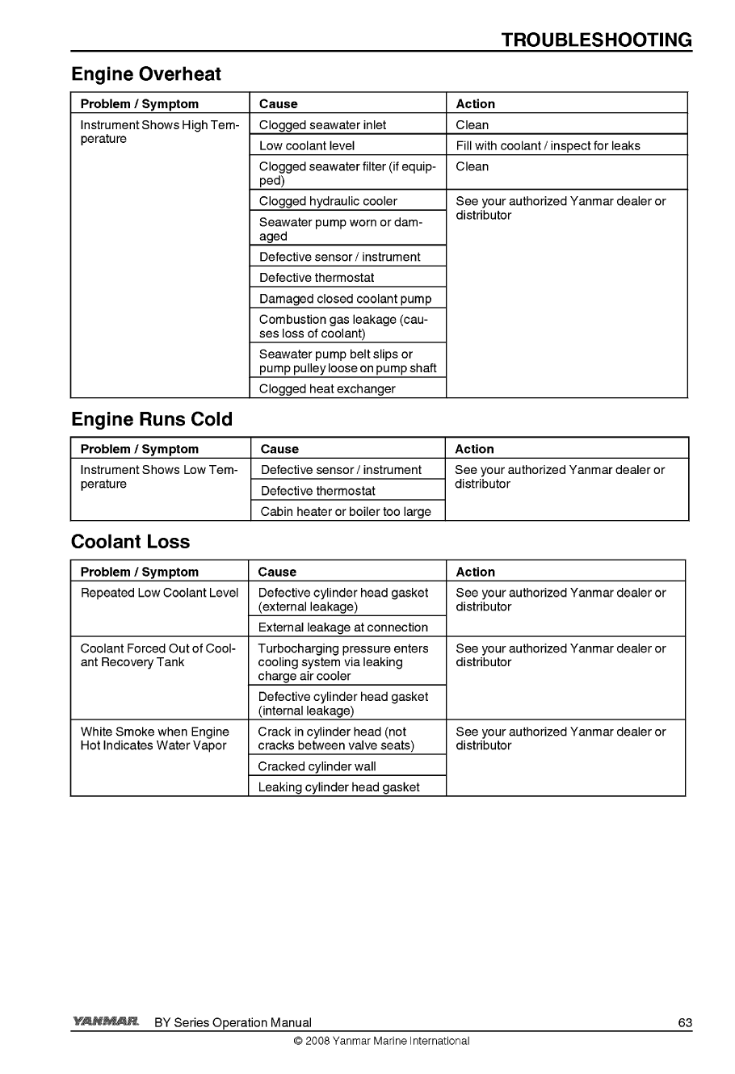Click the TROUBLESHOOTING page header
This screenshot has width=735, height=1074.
click(596, 40)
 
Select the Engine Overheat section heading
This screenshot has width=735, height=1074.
click(146, 74)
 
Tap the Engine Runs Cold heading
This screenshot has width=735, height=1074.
click(152, 420)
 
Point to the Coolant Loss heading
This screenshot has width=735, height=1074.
click(131, 542)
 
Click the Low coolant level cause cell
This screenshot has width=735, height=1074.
click(307, 146)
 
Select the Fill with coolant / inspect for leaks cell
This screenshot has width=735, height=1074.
click(548, 146)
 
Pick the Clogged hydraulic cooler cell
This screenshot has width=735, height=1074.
click(328, 201)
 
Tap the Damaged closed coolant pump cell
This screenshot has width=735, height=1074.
click(345, 299)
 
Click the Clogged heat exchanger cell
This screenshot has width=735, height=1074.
click(327, 389)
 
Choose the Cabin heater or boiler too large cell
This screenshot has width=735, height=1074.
click(346, 512)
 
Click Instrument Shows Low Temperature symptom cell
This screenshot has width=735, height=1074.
click(159, 477)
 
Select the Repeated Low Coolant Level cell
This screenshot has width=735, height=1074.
click(159, 593)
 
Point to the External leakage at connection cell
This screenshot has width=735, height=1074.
click(342, 627)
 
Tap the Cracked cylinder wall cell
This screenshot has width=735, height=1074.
click(317, 766)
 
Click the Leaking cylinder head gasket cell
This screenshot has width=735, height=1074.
click(338, 787)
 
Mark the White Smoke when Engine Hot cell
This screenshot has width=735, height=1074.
click(154, 739)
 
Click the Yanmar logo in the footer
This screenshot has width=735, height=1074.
click(106, 1022)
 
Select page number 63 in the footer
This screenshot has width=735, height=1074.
click(685, 1023)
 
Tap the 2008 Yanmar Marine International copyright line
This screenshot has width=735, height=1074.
click(381, 1041)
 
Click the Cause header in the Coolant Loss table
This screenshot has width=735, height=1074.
click(277, 572)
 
